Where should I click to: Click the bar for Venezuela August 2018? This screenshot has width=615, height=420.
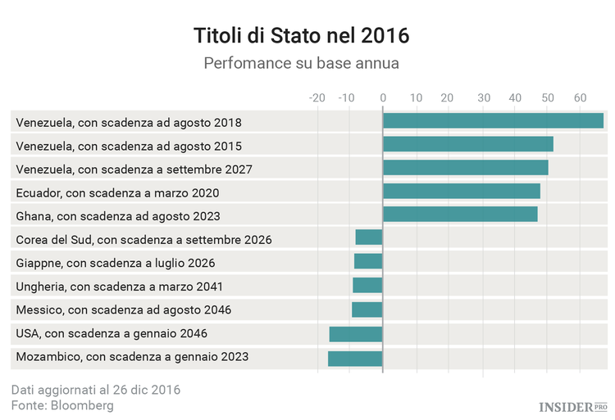click(493, 121)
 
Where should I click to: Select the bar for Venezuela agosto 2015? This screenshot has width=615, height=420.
click(467, 145)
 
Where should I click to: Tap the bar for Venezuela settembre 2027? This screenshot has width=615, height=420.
click(465, 169)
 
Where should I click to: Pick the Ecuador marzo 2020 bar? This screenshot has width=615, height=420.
click(461, 192)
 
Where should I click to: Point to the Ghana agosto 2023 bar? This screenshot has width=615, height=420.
click(460, 215)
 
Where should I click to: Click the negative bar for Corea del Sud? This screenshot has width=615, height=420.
click(369, 238)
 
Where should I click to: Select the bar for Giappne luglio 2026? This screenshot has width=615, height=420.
click(368, 262)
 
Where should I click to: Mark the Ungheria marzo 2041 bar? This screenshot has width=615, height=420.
click(367, 286)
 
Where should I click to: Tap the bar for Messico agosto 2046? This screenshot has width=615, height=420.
click(367, 309)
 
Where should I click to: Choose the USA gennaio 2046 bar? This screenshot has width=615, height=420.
click(356, 333)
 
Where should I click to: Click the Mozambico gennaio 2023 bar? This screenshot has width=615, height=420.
click(355, 358)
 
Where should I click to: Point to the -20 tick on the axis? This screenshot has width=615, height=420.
click(316, 98)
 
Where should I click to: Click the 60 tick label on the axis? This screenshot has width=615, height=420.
click(580, 98)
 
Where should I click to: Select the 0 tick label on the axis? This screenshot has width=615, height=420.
click(383, 98)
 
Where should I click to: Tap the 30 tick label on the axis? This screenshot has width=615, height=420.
click(482, 98)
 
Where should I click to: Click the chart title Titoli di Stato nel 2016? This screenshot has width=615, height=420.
click(301, 37)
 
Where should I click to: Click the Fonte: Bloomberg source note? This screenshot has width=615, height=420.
click(62, 405)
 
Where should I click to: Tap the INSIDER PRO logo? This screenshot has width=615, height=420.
click(572, 406)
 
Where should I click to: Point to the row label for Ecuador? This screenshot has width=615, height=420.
click(117, 193)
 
